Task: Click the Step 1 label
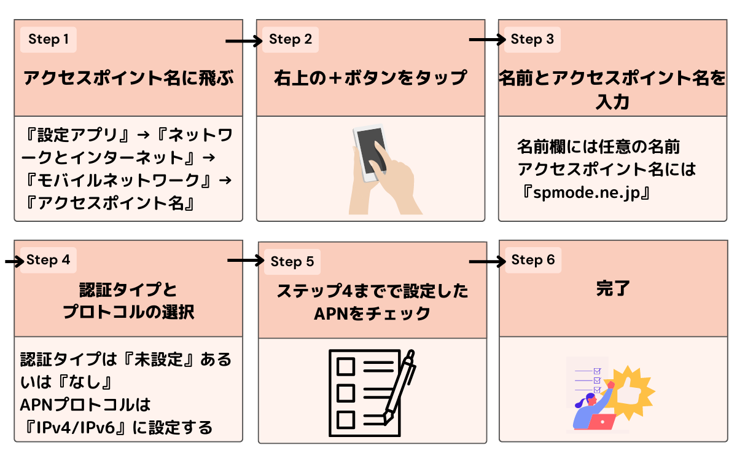[49, 40]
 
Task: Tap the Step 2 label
[291, 40]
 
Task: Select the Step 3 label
[532, 40]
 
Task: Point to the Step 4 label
[49, 260]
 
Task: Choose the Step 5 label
[292, 262]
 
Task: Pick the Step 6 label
[532, 260]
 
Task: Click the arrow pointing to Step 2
[243, 41]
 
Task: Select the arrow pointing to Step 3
[486, 41]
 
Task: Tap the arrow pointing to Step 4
[12, 261]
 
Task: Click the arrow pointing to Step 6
[486, 262]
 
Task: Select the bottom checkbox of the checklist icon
[346, 419]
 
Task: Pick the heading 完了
[613, 289]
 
